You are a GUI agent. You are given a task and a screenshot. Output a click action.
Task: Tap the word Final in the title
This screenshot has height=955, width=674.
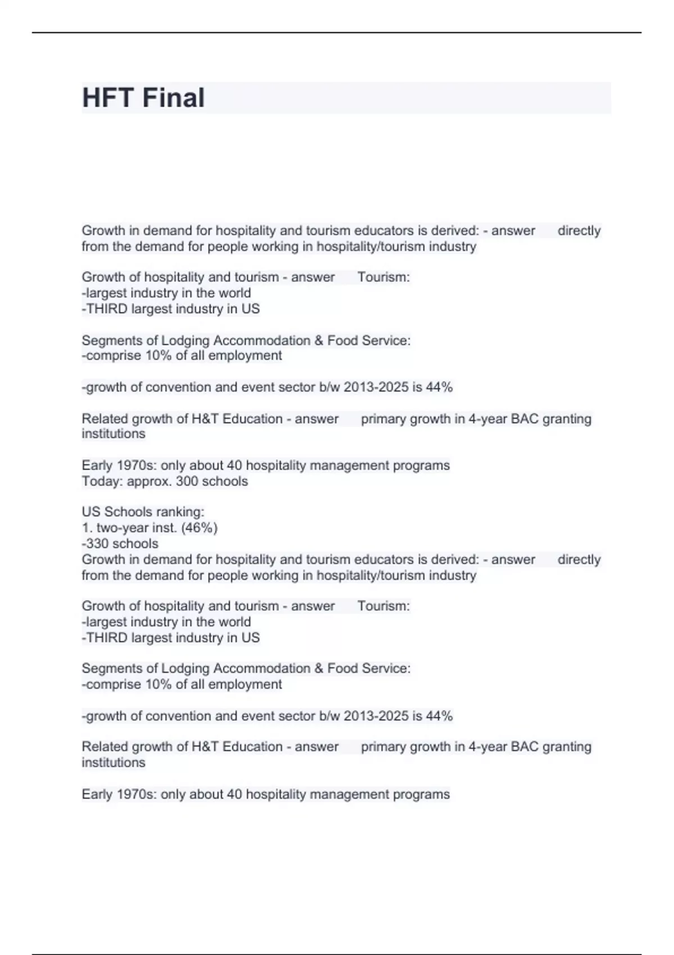(174, 98)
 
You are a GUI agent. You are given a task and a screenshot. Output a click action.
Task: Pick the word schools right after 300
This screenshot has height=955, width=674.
(225, 481)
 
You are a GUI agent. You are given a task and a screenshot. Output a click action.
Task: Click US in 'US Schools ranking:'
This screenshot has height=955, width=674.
(91, 512)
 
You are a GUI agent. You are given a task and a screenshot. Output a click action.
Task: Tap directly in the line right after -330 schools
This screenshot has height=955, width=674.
(579, 560)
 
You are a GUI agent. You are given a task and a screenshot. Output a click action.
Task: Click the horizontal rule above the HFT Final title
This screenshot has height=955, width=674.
(337, 33)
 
